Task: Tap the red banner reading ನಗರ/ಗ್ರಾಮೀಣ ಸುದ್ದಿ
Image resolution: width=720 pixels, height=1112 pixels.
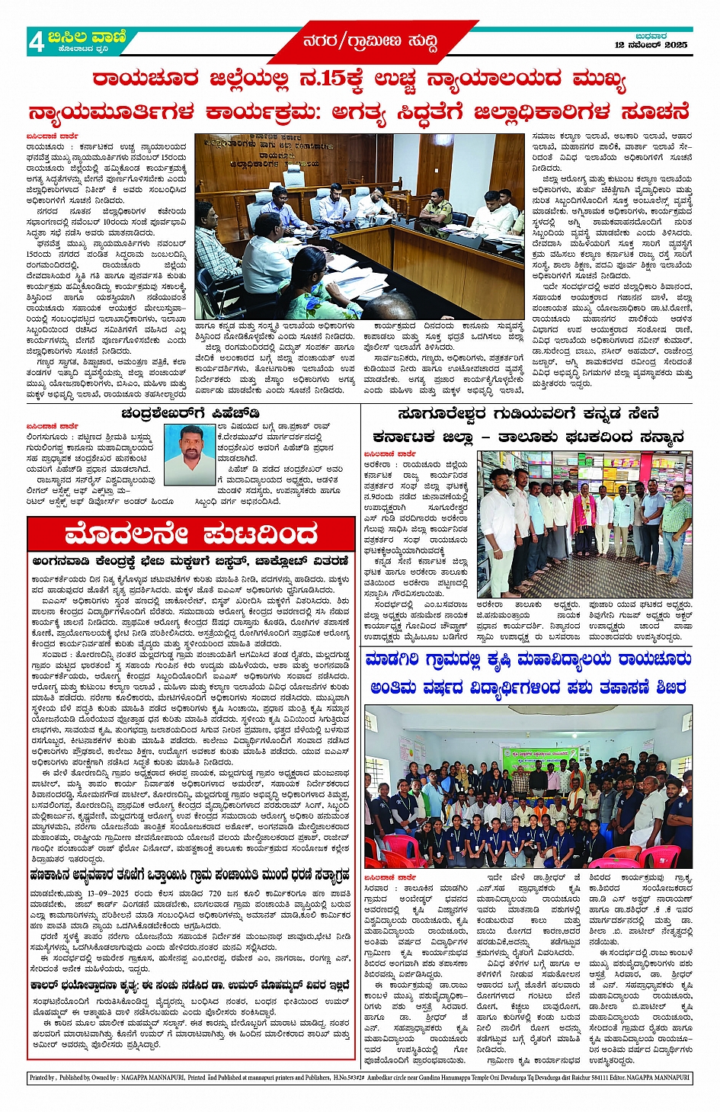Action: [370, 40]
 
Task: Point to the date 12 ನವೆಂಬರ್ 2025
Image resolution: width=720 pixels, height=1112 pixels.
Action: [651, 46]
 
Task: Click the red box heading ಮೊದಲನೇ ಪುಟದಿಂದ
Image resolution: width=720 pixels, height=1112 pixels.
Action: [190, 534]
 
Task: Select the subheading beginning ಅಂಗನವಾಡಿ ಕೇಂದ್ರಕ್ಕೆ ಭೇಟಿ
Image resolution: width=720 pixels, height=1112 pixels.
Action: [190, 561]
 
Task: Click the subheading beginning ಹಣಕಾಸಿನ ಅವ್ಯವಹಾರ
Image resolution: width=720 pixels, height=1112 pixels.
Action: [190, 874]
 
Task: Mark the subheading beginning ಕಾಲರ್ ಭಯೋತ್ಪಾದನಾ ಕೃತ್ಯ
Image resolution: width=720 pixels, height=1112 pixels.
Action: [190, 985]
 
